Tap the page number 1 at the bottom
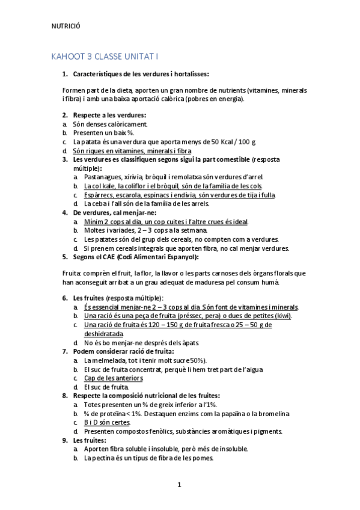[179, 484]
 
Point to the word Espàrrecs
[99, 195]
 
